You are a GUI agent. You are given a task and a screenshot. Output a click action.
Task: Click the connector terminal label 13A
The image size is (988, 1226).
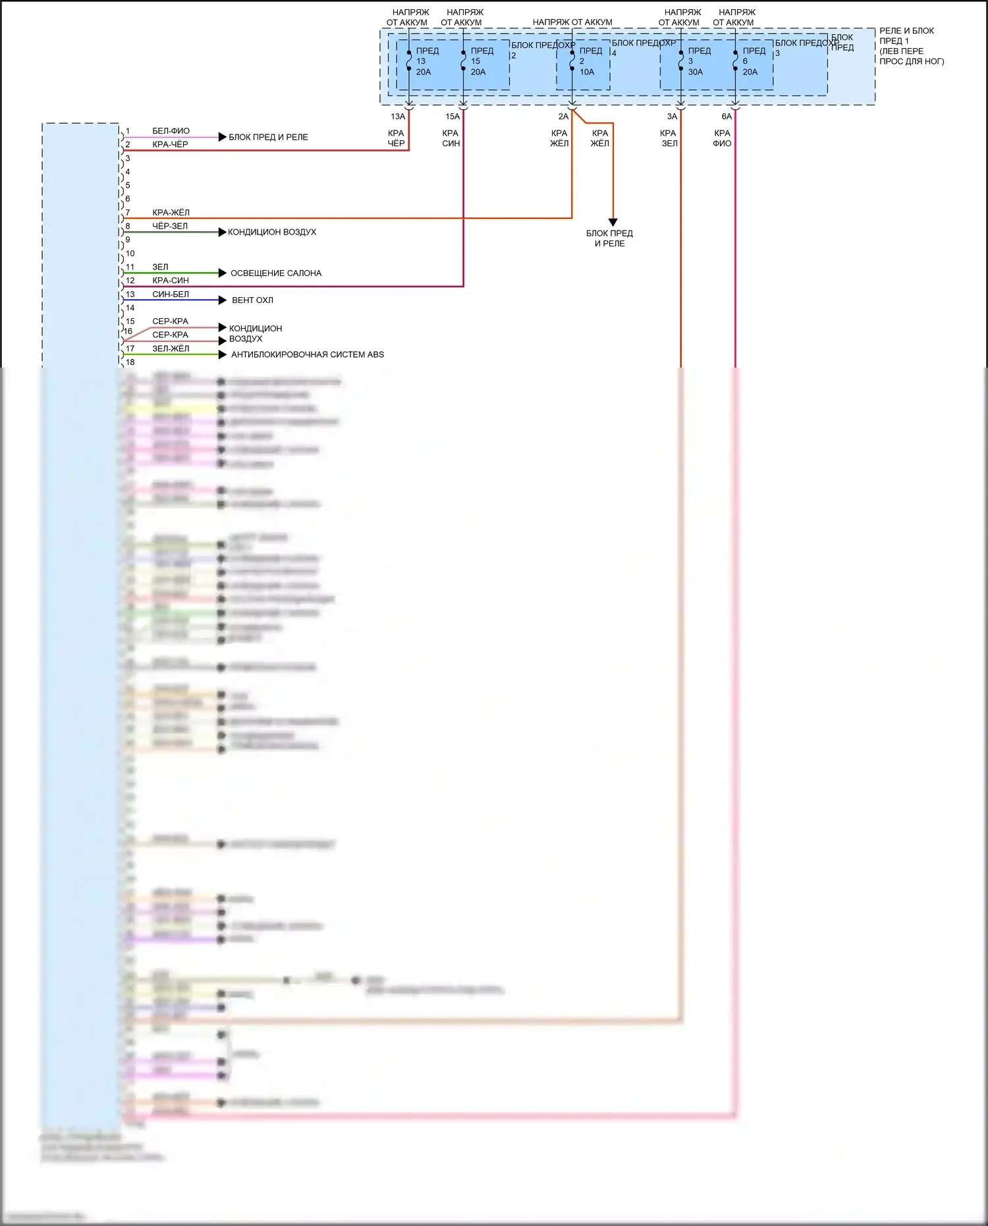coord(398,117)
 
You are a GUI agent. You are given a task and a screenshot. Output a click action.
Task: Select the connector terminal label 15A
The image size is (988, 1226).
coord(453,117)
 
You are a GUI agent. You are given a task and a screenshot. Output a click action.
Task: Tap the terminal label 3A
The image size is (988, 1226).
coord(672,117)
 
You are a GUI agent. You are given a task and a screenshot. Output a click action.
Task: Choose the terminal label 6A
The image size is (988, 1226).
coord(727,117)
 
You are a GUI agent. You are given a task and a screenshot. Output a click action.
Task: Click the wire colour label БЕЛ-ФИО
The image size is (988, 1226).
coord(171,131)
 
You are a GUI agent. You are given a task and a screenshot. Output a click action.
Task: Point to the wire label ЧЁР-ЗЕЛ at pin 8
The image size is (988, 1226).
coord(170,226)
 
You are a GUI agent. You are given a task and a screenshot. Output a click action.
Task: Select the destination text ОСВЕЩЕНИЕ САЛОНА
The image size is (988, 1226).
coord(276,273)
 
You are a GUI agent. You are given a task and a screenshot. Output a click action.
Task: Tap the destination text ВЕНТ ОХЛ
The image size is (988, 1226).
coord(252,300)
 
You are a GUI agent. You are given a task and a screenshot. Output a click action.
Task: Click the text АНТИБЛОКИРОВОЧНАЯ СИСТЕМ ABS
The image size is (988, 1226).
coord(308,354)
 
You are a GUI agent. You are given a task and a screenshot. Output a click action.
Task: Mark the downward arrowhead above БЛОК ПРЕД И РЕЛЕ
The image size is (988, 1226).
coord(613,223)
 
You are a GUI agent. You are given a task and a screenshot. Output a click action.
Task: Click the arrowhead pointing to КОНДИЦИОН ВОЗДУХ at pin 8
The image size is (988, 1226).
coord(223,232)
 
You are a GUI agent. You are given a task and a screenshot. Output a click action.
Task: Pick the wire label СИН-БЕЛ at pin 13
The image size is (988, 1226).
coord(171,294)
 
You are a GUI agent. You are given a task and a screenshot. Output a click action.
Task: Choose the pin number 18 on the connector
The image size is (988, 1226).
coord(130,362)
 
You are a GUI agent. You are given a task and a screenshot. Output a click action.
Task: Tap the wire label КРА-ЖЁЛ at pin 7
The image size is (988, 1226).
coord(171,213)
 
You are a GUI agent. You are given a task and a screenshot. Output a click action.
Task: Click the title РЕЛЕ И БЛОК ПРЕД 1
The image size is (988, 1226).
coord(906,36)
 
